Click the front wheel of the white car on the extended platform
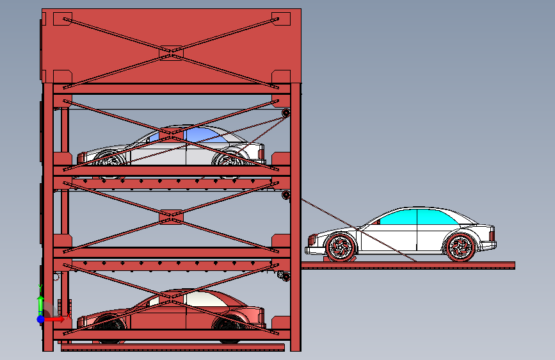(x=340, y=247)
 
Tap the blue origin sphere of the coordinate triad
(x=40, y=318)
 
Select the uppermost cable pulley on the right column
(x=286, y=114)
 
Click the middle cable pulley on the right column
(x=286, y=195)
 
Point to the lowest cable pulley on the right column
(x=285, y=276)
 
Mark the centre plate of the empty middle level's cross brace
(x=171, y=218)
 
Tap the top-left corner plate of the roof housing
(x=62, y=19)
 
